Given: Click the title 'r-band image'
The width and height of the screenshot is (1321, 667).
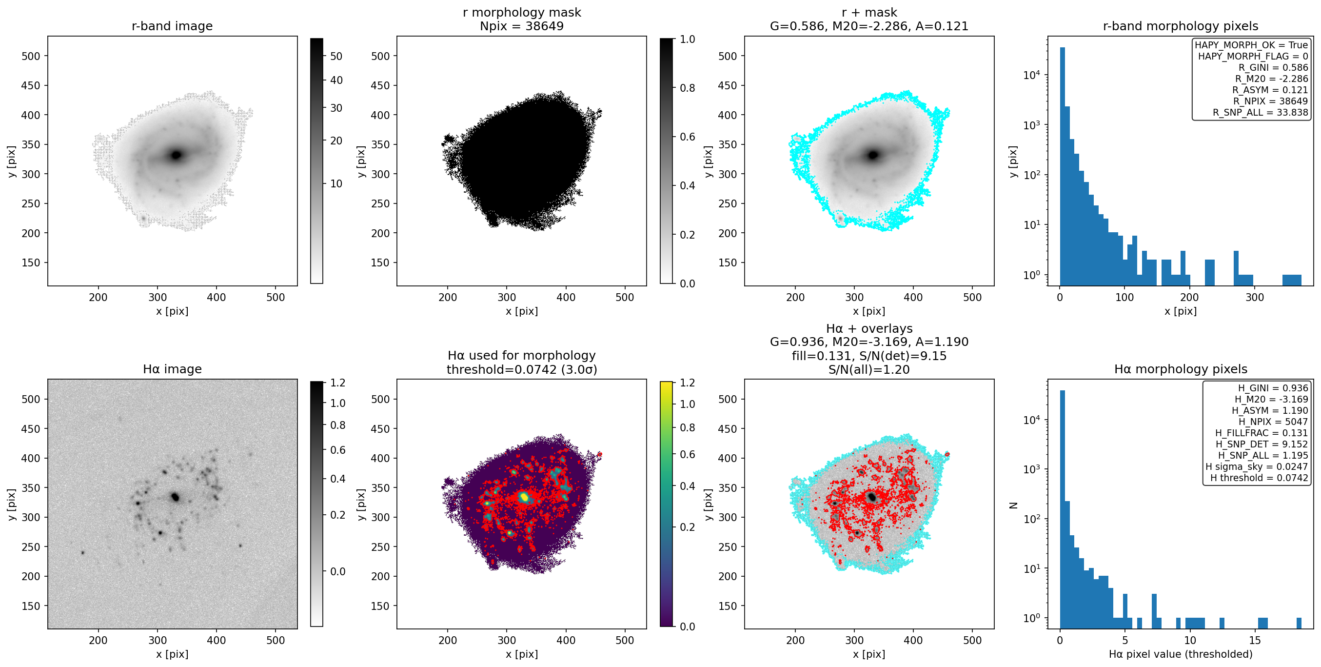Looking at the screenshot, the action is click(x=172, y=26).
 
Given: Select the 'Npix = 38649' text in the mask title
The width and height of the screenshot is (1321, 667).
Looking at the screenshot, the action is click(x=522, y=26).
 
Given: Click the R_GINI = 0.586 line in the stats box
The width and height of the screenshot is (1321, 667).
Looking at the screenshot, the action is click(x=1273, y=68).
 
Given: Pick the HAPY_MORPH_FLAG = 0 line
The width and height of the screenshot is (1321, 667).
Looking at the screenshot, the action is click(x=1253, y=57).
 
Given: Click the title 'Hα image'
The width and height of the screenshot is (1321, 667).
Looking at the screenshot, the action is click(x=172, y=369).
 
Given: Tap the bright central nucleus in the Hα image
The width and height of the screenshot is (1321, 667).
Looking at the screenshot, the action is click(x=175, y=497).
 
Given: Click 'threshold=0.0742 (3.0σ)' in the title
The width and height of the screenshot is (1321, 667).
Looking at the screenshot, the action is click(x=522, y=369).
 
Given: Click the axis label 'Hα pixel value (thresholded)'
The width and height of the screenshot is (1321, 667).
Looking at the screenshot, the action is click(x=1181, y=654).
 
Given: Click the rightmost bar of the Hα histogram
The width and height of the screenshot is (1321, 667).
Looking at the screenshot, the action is click(x=1299, y=623).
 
